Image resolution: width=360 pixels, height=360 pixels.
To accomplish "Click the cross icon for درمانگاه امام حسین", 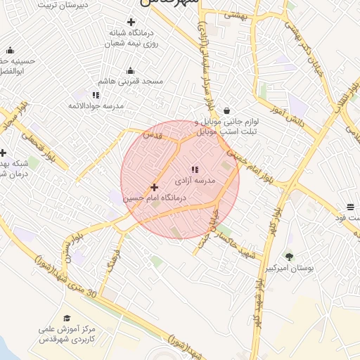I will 155,187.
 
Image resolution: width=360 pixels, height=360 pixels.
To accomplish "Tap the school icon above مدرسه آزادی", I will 195,169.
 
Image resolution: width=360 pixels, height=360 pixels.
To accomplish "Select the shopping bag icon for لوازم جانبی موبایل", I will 226,110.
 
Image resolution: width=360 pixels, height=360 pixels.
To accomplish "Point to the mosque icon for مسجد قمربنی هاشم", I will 130,70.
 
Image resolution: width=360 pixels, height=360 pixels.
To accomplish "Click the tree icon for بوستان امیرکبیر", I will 289,257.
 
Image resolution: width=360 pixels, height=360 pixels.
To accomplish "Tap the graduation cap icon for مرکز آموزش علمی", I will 67,319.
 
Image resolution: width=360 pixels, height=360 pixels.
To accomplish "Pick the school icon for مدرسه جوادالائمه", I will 96,94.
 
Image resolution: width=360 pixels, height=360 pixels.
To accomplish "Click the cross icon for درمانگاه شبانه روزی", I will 131,22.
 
